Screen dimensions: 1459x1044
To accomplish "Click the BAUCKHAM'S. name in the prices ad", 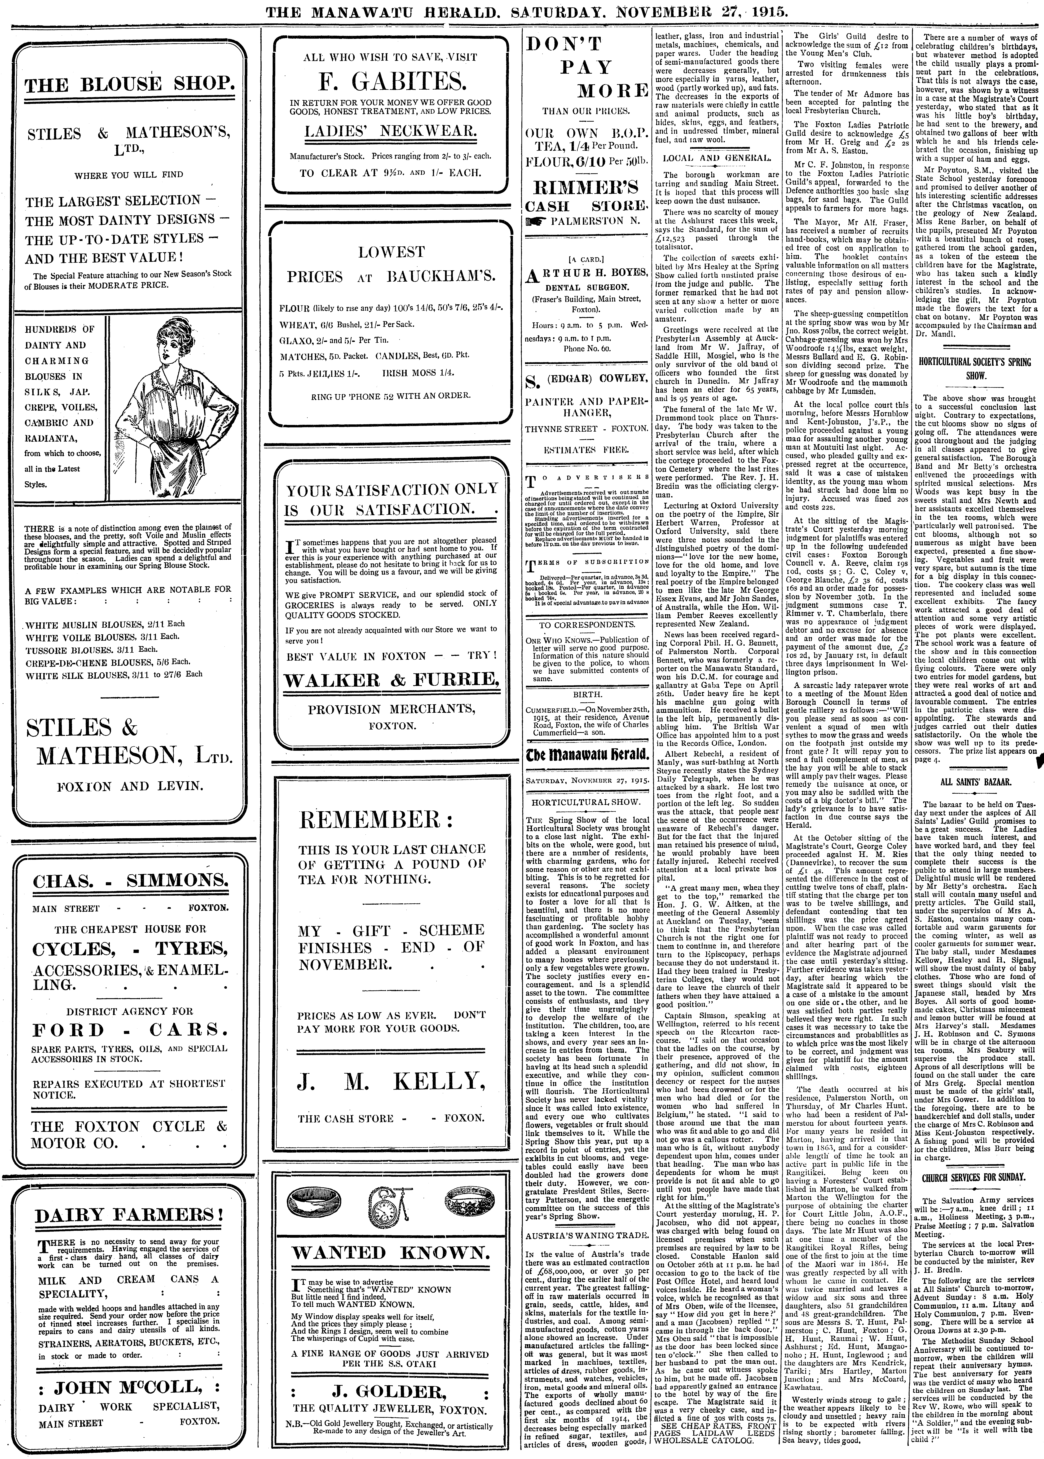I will click(440, 277).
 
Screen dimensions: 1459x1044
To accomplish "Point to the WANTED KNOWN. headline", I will click(391, 1253).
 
